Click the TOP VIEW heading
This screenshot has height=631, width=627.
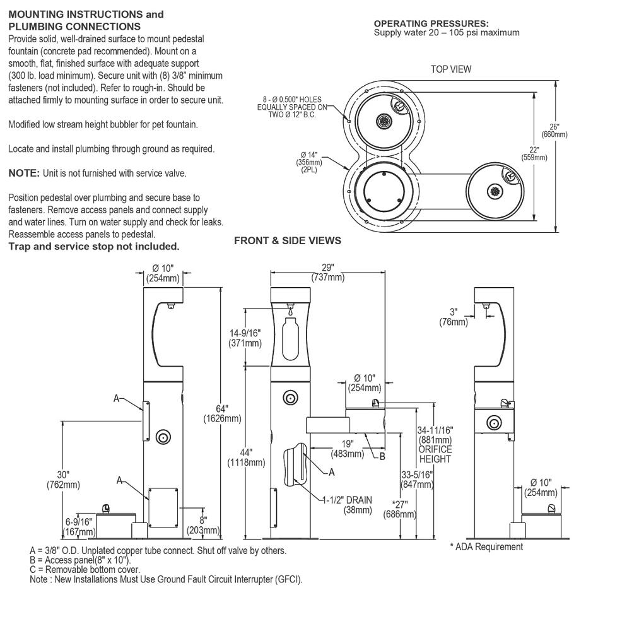(x=450, y=69)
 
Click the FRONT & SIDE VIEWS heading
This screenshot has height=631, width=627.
(x=288, y=240)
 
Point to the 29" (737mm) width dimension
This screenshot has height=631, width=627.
(x=327, y=273)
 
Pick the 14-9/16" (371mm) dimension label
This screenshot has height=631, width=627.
(x=245, y=338)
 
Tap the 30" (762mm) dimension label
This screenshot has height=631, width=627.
(x=63, y=479)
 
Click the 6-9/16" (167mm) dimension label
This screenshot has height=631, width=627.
(x=78, y=526)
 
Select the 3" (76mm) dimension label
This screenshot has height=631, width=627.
(x=454, y=317)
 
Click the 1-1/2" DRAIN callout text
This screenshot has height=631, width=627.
(x=347, y=505)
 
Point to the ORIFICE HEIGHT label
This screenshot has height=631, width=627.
(x=435, y=454)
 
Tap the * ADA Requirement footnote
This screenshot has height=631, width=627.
(x=486, y=547)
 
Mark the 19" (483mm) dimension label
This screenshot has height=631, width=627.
(x=348, y=449)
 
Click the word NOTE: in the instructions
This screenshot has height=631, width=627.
(x=24, y=173)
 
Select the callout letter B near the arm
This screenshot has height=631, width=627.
(x=382, y=456)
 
